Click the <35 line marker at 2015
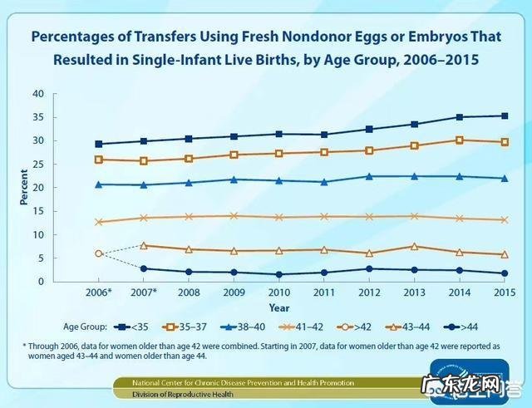(x=501, y=116)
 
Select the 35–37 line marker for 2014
(x=457, y=140)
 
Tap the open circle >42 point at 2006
(x=99, y=253)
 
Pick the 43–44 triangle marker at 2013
(x=412, y=246)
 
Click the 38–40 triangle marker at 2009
(x=234, y=179)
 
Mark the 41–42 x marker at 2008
(x=189, y=217)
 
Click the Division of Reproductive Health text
(x=190, y=395)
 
